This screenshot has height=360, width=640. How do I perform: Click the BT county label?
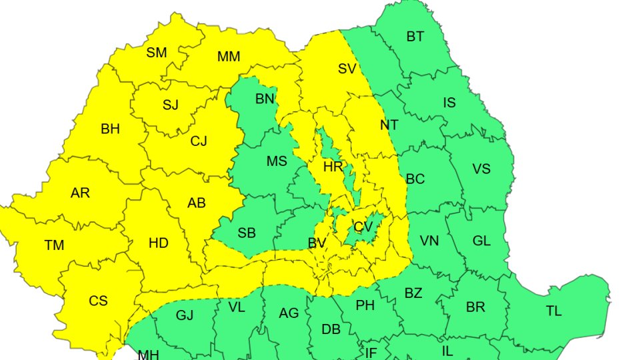(415, 37)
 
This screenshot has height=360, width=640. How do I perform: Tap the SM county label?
(157, 53)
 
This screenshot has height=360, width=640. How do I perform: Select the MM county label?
(229, 57)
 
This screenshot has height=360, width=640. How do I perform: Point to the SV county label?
(347, 69)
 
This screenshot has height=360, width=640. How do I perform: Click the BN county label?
(265, 99)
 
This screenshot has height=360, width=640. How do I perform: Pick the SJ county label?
(171, 105)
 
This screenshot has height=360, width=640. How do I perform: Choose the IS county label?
(450, 103)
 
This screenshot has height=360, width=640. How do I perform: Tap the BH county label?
(110, 129)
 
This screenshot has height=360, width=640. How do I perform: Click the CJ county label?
(199, 141)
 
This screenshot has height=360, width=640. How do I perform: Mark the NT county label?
(389, 125)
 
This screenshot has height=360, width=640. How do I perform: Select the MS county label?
(277, 161)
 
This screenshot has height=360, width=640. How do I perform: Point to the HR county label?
(333, 167)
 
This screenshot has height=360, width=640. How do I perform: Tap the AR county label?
(80, 193)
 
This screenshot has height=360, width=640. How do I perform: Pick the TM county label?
(54, 245)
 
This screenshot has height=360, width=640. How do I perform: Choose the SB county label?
(247, 233)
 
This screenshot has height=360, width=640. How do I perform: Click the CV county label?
(363, 227)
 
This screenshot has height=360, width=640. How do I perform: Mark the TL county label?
(553, 311)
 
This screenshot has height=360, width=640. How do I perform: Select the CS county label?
(98, 301)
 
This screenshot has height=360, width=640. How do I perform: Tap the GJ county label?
(185, 315)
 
